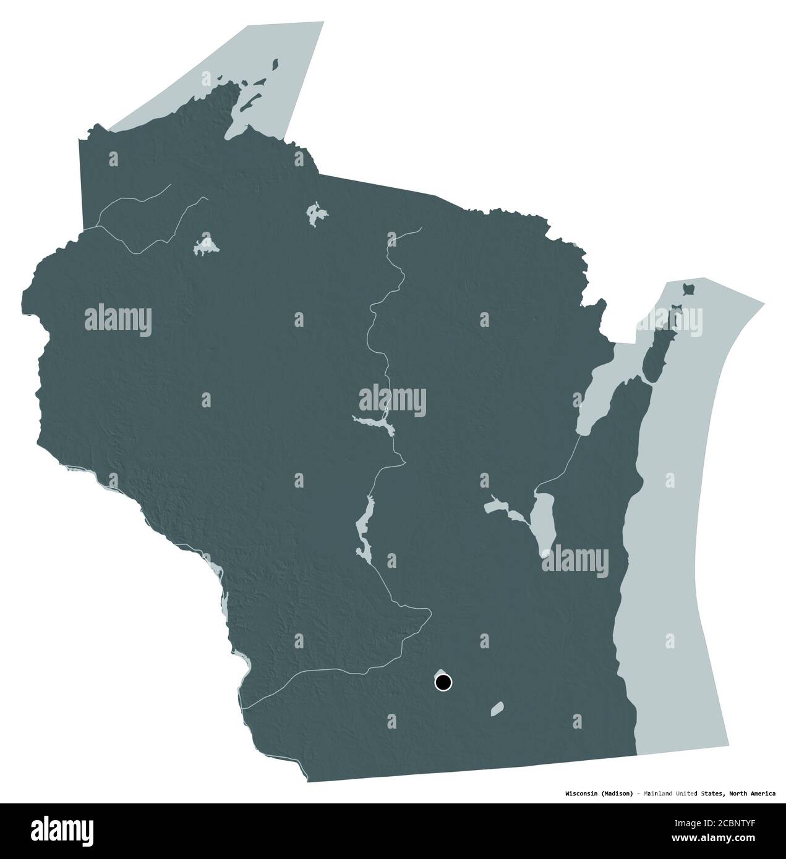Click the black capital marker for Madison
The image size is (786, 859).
tap(443, 683)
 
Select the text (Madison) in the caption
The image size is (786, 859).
tap(616, 793)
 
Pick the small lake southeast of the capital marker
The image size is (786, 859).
tap(497, 708)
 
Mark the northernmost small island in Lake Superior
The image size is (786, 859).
tap(276, 64)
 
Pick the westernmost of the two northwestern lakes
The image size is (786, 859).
tap(205, 244)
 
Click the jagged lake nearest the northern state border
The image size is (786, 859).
tap(317, 213)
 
